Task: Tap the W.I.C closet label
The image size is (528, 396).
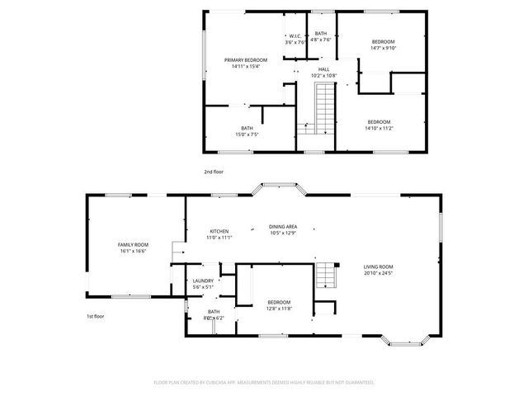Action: pos(295,35)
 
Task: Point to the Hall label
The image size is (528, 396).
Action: pos(324,69)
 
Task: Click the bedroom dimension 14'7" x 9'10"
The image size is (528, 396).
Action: pos(383,48)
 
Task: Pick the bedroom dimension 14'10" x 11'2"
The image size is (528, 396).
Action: pos(379,128)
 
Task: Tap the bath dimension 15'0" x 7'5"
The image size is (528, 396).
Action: pos(247,134)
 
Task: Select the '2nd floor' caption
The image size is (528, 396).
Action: pos(214,171)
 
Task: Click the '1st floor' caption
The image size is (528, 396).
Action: pos(96,316)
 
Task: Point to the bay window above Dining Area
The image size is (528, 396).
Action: pos(281,190)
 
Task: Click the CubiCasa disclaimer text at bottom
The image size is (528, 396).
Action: pos(264,383)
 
